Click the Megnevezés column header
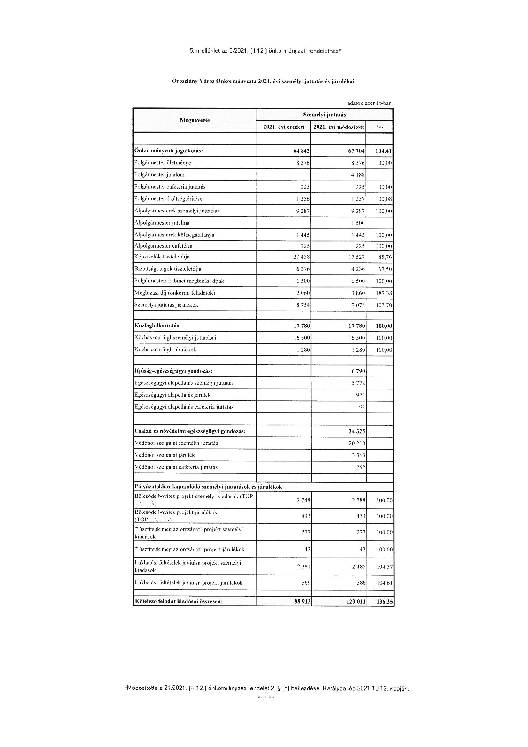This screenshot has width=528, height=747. click(195, 120)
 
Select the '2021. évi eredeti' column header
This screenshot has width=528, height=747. click(284, 127)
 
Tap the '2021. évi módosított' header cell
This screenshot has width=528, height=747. click(338, 127)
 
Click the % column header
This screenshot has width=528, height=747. click(379, 127)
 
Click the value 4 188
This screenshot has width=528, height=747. click(358, 175)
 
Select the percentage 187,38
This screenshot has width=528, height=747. click(384, 293)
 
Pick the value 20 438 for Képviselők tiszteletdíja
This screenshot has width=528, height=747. click(302, 257)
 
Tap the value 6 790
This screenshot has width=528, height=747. click(358, 371)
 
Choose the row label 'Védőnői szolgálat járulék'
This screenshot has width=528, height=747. click(165, 455)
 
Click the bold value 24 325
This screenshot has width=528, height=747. click(357, 432)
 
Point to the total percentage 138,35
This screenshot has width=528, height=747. click(385, 602)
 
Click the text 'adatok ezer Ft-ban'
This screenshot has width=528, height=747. click(369, 103)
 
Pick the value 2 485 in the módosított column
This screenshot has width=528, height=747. click(358, 567)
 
